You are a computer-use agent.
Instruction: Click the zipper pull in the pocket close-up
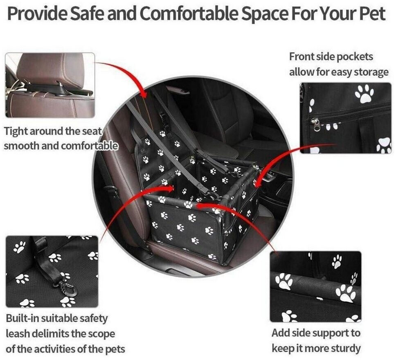(x=315, y=124)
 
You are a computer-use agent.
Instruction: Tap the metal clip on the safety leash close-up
(x=66, y=288)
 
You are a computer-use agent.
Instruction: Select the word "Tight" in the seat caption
(x=16, y=132)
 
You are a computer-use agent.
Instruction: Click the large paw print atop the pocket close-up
(x=364, y=94)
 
